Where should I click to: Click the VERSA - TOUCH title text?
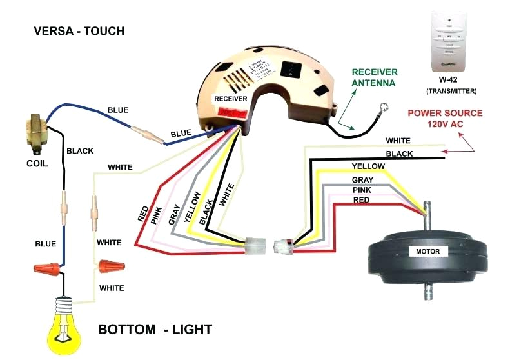point(79,31)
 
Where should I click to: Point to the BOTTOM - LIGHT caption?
point(155,330)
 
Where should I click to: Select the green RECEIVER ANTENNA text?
point(374,77)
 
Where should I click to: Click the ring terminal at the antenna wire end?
point(384,108)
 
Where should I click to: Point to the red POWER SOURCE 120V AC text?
point(444,118)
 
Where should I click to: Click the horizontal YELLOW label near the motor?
point(368,166)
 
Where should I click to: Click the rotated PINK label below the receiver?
point(157,215)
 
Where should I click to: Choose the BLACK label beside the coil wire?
point(80,151)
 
